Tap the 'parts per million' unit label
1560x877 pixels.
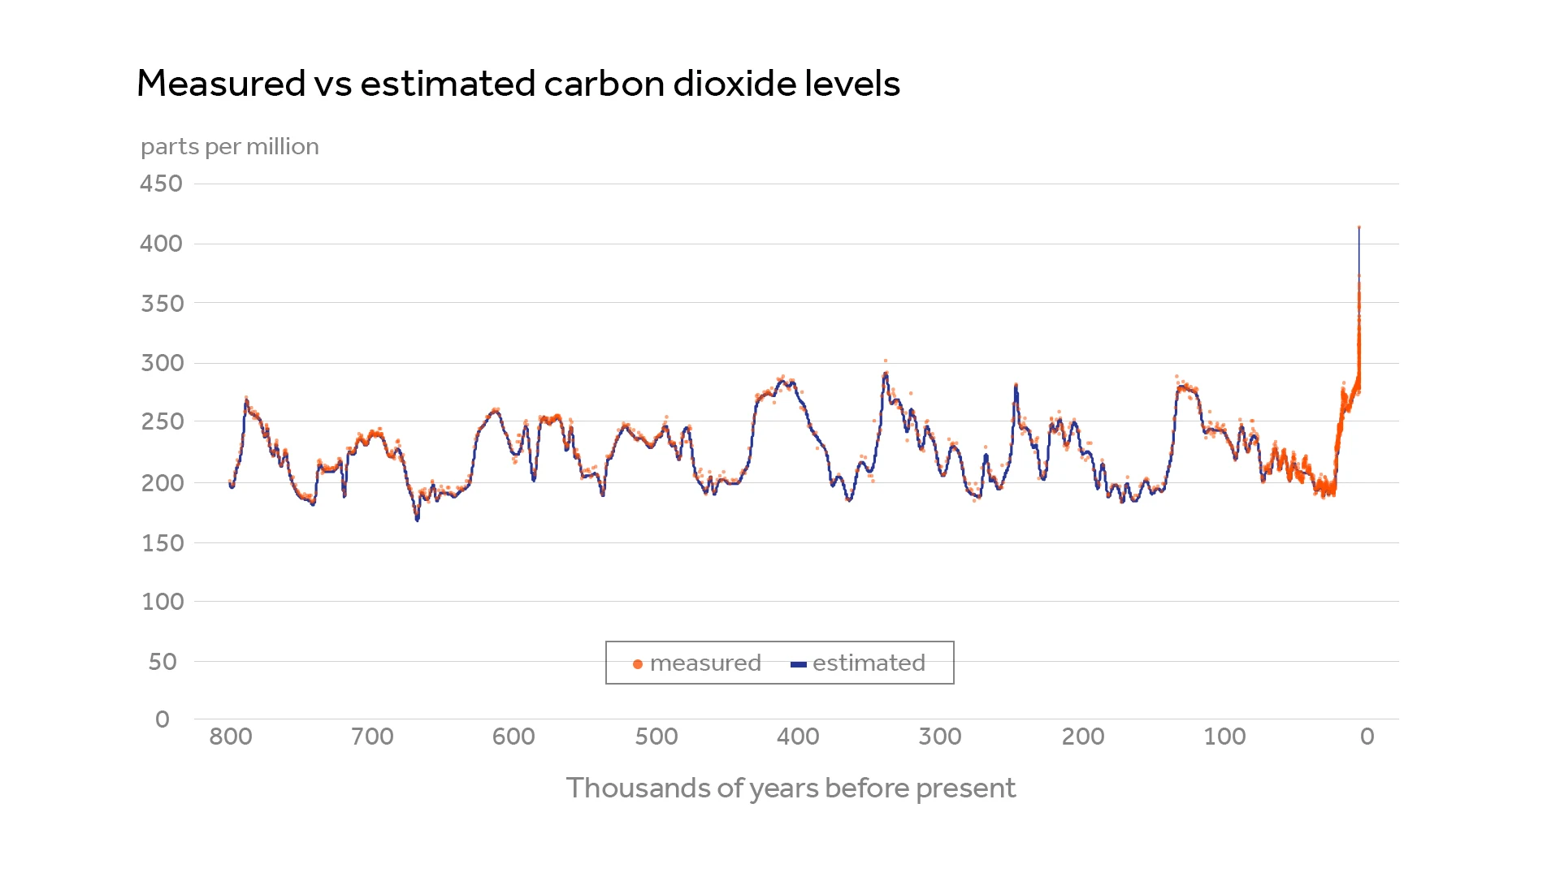tap(229, 147)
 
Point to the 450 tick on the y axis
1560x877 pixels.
tap(161, 184)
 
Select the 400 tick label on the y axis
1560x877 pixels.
tap(161, 244)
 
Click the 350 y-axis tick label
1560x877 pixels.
tap(162, 304)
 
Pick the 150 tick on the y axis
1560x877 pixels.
tap(162, 542)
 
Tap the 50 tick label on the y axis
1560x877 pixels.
tap(162, 662)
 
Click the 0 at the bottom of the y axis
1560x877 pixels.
tap(162, 719)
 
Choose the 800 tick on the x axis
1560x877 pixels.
tap(231, 737)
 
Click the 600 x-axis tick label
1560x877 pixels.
tap(513, 737)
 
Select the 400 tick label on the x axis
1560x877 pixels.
tap(798, 737)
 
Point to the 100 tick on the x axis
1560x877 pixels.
tap(1224, 737)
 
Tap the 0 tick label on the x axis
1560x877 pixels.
tap(1367, 737)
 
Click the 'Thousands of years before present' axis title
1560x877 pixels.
tap(791, 788)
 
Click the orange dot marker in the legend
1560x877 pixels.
tap(638, 664)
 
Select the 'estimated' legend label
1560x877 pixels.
tap(869, 663)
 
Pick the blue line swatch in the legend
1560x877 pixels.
tap(798, 664)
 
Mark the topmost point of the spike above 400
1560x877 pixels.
tap(1359, 227)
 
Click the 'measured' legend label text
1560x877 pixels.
tap(705, 663)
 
